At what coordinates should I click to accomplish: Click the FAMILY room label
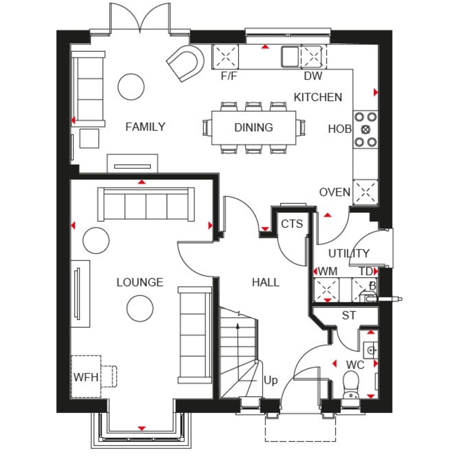point(145,127)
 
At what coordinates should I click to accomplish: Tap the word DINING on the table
point(254,127)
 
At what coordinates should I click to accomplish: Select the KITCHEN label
point(318,97)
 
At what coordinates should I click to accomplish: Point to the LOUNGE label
point(140,282)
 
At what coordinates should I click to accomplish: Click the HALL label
point(266,282)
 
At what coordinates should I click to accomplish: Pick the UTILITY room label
point(349,253)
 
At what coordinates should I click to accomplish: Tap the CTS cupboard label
point(292,224)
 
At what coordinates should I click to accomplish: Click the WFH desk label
point(86,377)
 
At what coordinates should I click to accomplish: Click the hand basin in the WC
point(371,349)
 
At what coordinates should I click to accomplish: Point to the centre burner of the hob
point(366,129)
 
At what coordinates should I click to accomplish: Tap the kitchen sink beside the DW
point(290,57)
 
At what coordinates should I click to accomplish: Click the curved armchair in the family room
point(185,63)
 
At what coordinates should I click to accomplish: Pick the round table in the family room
point(131,87)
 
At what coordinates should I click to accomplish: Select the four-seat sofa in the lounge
point(146,204)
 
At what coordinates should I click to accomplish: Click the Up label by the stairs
point(271,380)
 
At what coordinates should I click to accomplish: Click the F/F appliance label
point(229,76)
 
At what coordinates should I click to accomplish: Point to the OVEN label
point(335,192)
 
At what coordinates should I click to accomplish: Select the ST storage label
point(349,315)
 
